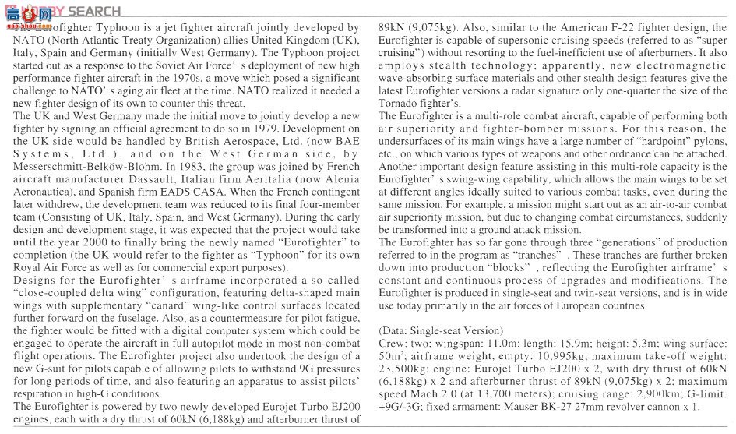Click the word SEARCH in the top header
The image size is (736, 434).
94,11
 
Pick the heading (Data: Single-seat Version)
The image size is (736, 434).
441,330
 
